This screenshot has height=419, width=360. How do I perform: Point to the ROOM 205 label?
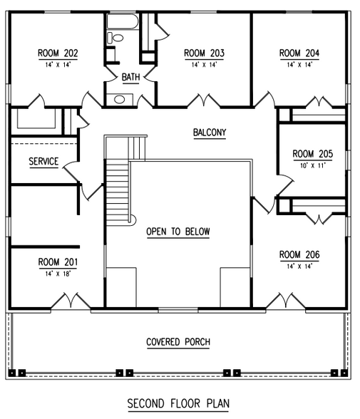pos(312,153)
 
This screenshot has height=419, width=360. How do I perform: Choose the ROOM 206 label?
pos(299,254)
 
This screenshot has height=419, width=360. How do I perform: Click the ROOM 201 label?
pos(58,262)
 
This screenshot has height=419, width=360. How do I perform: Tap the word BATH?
pos(130,77)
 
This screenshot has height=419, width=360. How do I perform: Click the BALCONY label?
pos(210,133)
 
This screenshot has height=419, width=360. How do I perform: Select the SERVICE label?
pos(43,162)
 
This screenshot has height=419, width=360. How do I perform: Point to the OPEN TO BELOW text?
pos(178,232)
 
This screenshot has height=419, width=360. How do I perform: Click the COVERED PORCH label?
pos(178,342)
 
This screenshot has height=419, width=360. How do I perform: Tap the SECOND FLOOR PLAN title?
pos(178,403)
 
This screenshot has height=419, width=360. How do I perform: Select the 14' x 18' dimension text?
pos(58,272)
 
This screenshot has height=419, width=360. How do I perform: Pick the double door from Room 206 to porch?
pos(289,302)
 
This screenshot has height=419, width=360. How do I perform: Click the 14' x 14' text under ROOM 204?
pos(299,64)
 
